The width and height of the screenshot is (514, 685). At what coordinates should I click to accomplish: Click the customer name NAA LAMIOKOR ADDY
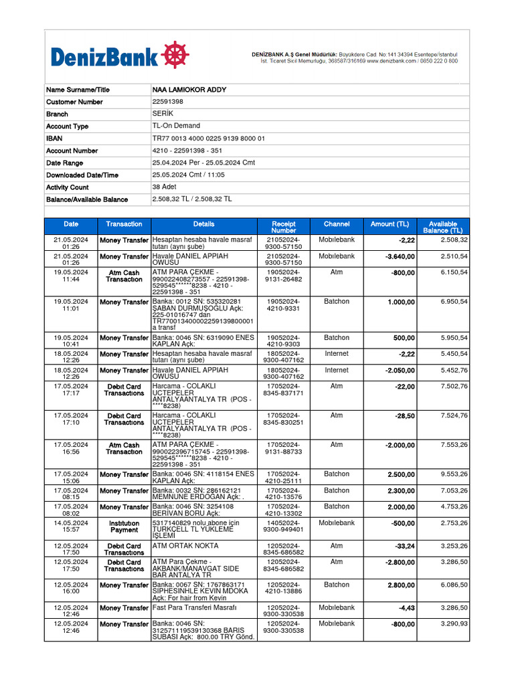click(189, 90)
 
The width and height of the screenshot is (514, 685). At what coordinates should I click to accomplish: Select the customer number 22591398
click(168, 102)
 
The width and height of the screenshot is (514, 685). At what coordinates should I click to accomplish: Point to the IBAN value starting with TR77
click(209, 138)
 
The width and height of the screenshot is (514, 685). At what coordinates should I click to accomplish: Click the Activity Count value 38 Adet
click(165, 187)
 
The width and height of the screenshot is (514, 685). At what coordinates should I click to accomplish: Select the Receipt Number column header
click(284, 227)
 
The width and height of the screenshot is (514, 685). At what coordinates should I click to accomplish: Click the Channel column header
click(337, 224)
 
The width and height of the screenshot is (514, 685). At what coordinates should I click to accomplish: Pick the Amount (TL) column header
click(390, 224)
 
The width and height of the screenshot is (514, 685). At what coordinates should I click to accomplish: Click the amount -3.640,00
click(400, 256)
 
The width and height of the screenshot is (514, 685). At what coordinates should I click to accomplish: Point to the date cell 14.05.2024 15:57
click(71, 526)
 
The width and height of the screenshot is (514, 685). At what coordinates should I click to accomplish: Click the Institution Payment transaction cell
click(124, 526)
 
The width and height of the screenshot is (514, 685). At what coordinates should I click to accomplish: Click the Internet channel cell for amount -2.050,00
click(337, 370)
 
